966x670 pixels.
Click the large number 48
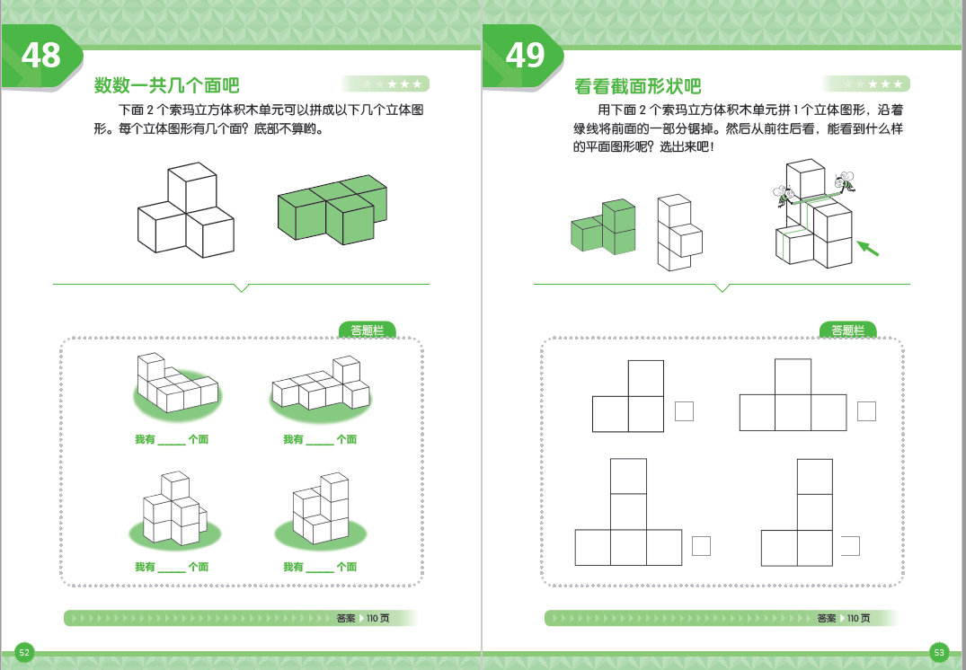[41, 56]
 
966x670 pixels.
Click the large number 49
[525, 56]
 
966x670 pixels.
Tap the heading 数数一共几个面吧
[167, 86]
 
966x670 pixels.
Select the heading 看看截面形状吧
[638, 86]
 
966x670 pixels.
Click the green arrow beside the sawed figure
[867, 246]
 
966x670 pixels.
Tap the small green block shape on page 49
[603, 226]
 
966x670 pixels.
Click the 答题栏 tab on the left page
[367, 331]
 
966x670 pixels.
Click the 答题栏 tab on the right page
[847, 331]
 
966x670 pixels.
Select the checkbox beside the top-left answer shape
[684, 411]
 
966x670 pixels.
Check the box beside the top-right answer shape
[866, 411]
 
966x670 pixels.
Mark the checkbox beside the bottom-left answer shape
[702, 545]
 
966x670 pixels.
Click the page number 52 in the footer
[24, 652]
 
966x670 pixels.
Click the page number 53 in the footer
[939, 652]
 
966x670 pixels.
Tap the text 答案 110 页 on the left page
[363, 618]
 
